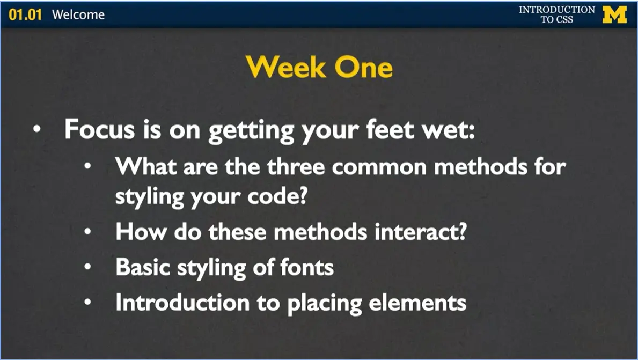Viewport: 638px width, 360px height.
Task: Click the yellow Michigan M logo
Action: click(614, 14)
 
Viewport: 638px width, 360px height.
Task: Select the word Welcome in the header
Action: click(78, 14)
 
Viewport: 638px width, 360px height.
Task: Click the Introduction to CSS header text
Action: click(556, 14)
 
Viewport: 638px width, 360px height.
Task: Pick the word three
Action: click(297, 167)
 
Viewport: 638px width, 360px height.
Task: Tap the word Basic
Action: click(142, 267)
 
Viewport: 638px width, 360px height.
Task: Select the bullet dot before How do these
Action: click(88, 233)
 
